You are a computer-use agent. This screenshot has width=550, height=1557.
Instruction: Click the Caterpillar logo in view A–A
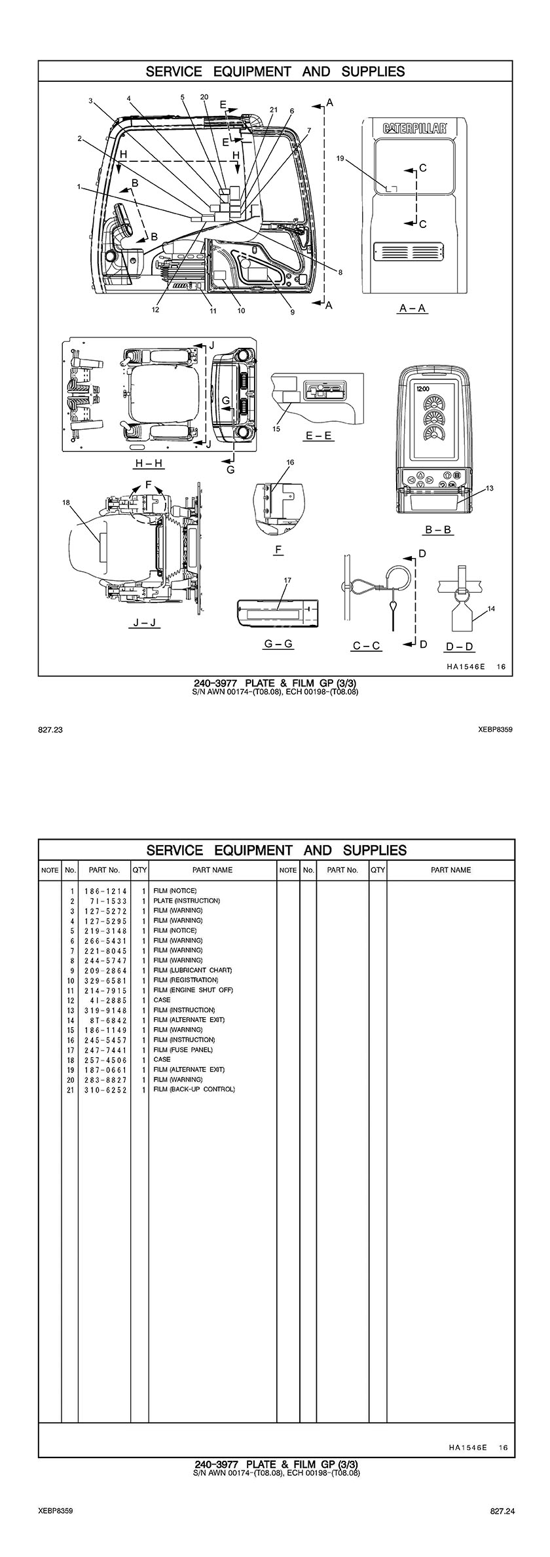pos(414,128)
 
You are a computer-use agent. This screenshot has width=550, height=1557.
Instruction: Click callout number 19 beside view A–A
pos(340,158)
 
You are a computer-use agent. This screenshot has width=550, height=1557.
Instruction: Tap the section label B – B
pos(438,529)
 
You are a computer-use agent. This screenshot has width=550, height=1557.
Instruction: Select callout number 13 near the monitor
pos(490,488)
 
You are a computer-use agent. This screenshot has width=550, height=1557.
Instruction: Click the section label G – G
pos(278,644)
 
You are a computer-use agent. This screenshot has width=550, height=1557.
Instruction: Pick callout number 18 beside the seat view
pos(65,502)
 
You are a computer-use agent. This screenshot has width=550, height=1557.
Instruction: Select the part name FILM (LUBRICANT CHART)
pos(192,970)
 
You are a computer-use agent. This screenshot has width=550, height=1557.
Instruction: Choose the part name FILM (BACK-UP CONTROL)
pos(194,1089)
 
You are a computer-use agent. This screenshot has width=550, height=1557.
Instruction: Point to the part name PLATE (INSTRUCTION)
pos(187,901)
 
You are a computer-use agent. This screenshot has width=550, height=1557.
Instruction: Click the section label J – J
pos(144,622)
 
